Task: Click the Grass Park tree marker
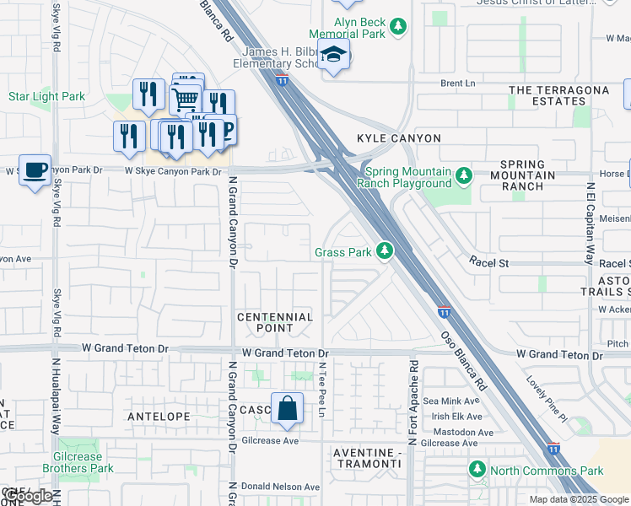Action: tap(385, 250)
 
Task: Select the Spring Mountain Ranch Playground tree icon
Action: tap(463, 176)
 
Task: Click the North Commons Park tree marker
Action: tap(478, 470)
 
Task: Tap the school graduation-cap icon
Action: tap(335, 55)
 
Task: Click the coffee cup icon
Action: tap(35, 170)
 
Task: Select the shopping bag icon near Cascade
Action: tap(287, 408)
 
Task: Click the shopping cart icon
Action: tap(185, 100)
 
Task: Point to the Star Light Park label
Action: tap(46, 97)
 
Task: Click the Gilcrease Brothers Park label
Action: tap(78, 461)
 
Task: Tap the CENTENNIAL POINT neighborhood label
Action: tap(275, 322)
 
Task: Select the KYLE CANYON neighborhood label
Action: tap(399, 137)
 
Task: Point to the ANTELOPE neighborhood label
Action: tap(158, 417)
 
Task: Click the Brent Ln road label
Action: tap(458, 83)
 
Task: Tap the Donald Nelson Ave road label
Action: tap(280, 487)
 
